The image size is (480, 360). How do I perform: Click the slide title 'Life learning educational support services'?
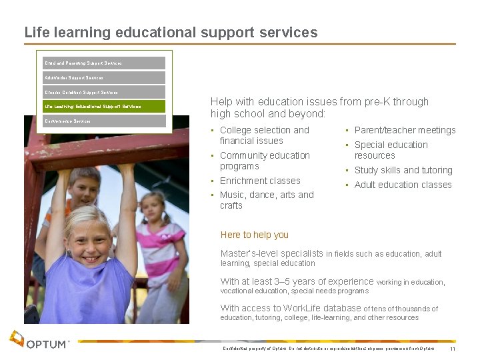click(x=171, y=32)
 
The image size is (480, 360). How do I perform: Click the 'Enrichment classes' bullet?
click(x=260, y=181)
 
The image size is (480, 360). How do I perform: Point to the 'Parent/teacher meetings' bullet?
click(x=405, y=130)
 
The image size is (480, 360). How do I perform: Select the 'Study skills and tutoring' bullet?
click(x=403, y=170)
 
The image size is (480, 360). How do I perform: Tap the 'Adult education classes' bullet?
click(x=403, y=185)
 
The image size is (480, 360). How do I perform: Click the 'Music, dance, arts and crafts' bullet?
click(x=266, y=200)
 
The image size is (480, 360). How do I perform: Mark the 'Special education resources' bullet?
click(x=391, y=150)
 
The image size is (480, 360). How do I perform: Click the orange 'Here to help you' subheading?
click(x=254, y=235)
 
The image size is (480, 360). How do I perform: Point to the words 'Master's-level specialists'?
click(x=272, y=253)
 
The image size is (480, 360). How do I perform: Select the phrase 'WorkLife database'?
click(x=322, y=308)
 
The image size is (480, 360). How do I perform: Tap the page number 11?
click(x=453, y=349)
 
